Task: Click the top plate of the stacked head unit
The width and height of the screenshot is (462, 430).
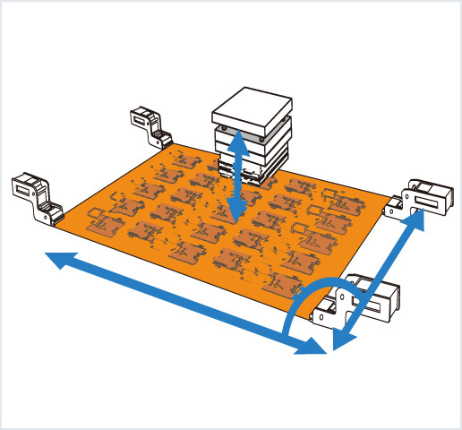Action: click(x=252, y=105)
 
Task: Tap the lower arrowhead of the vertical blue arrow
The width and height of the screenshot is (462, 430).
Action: click(x=237, y=213)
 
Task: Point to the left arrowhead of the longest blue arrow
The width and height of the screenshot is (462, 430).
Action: click(x=56, y=261)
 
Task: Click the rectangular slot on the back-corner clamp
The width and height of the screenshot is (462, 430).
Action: click(x=141, y=115)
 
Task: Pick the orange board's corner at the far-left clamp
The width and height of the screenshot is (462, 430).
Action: click(x=56, y=224)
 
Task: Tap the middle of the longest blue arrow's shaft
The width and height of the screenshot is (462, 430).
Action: click(x=184, y=304)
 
